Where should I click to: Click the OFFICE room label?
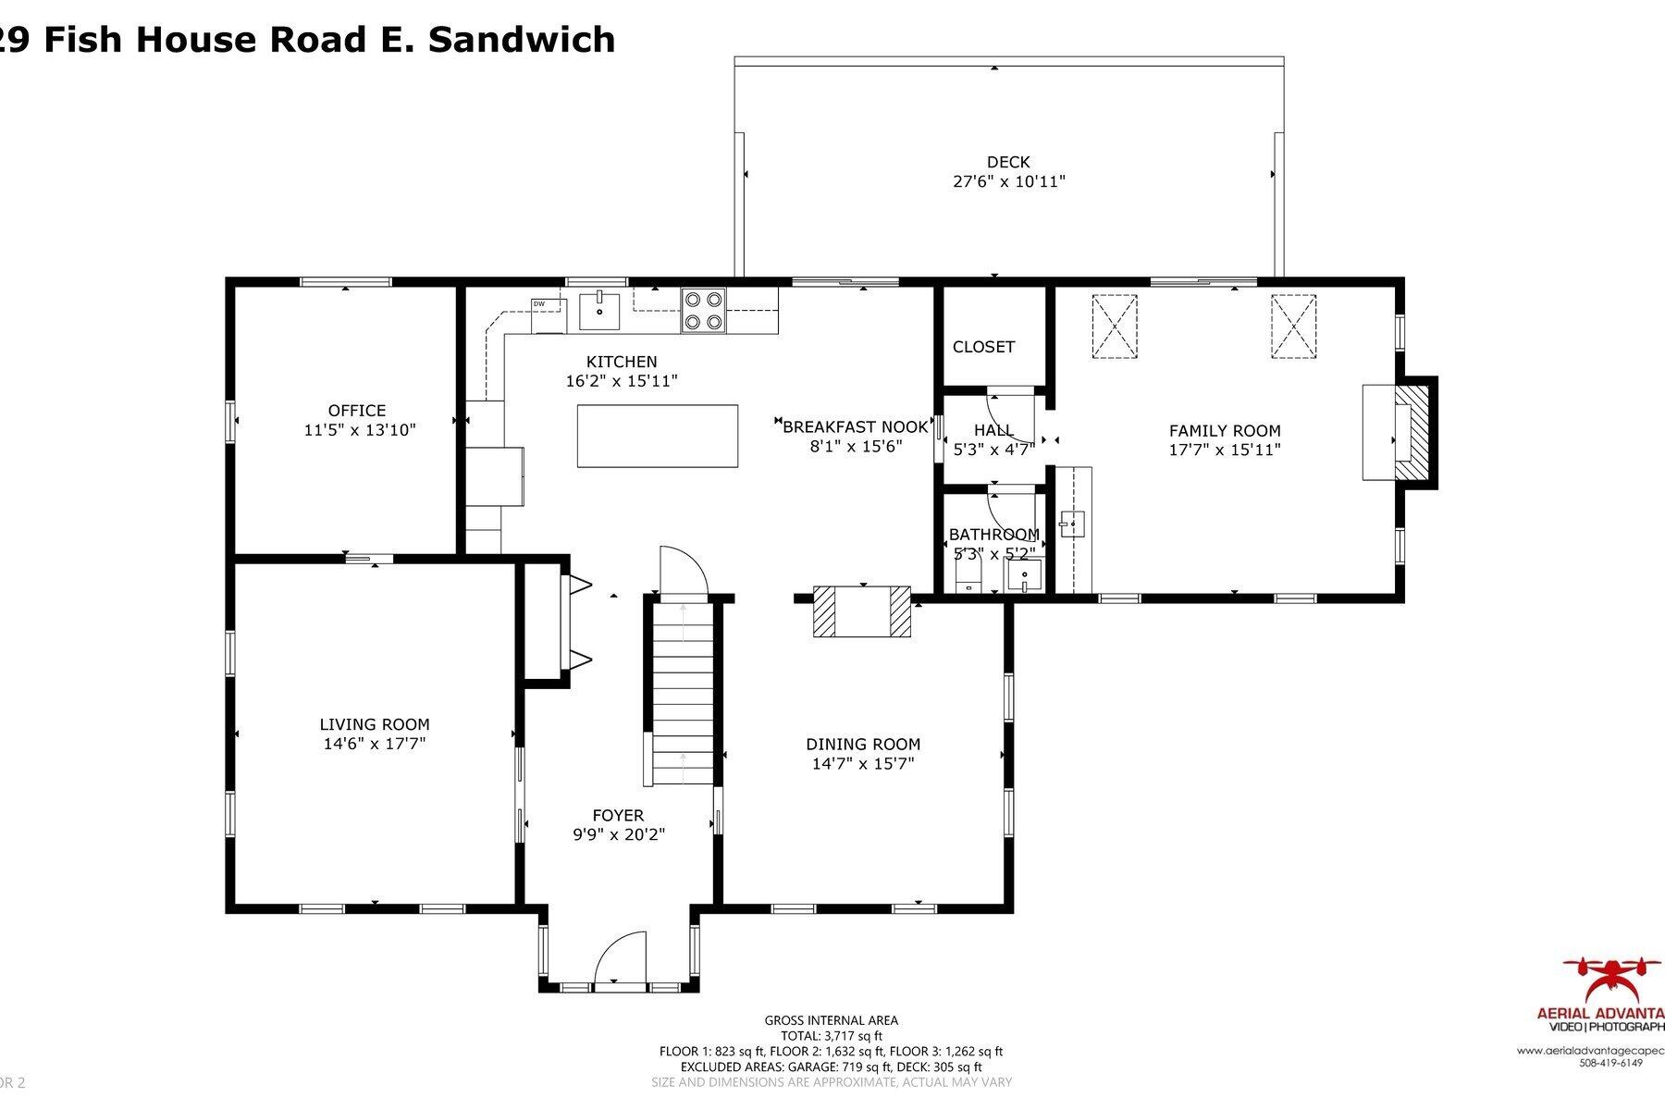tap(357, 411)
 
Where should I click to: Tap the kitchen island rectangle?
tap(658, 436)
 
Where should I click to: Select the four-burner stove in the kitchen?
tap(704, 311)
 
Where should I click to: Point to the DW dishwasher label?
tap(538, 303)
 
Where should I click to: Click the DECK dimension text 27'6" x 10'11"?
tap(1009, 182)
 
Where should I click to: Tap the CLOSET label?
tap(983, 347)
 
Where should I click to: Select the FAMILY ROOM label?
tap(1225, 430)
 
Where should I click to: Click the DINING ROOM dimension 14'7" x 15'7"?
tap(863, 764)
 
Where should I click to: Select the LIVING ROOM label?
tap(375, 725)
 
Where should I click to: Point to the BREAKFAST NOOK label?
tap(855, 426)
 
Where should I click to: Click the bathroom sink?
tap(1025, 575)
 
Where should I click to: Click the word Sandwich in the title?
tap(522, 40)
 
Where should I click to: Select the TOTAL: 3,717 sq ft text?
tap(831, 1036)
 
